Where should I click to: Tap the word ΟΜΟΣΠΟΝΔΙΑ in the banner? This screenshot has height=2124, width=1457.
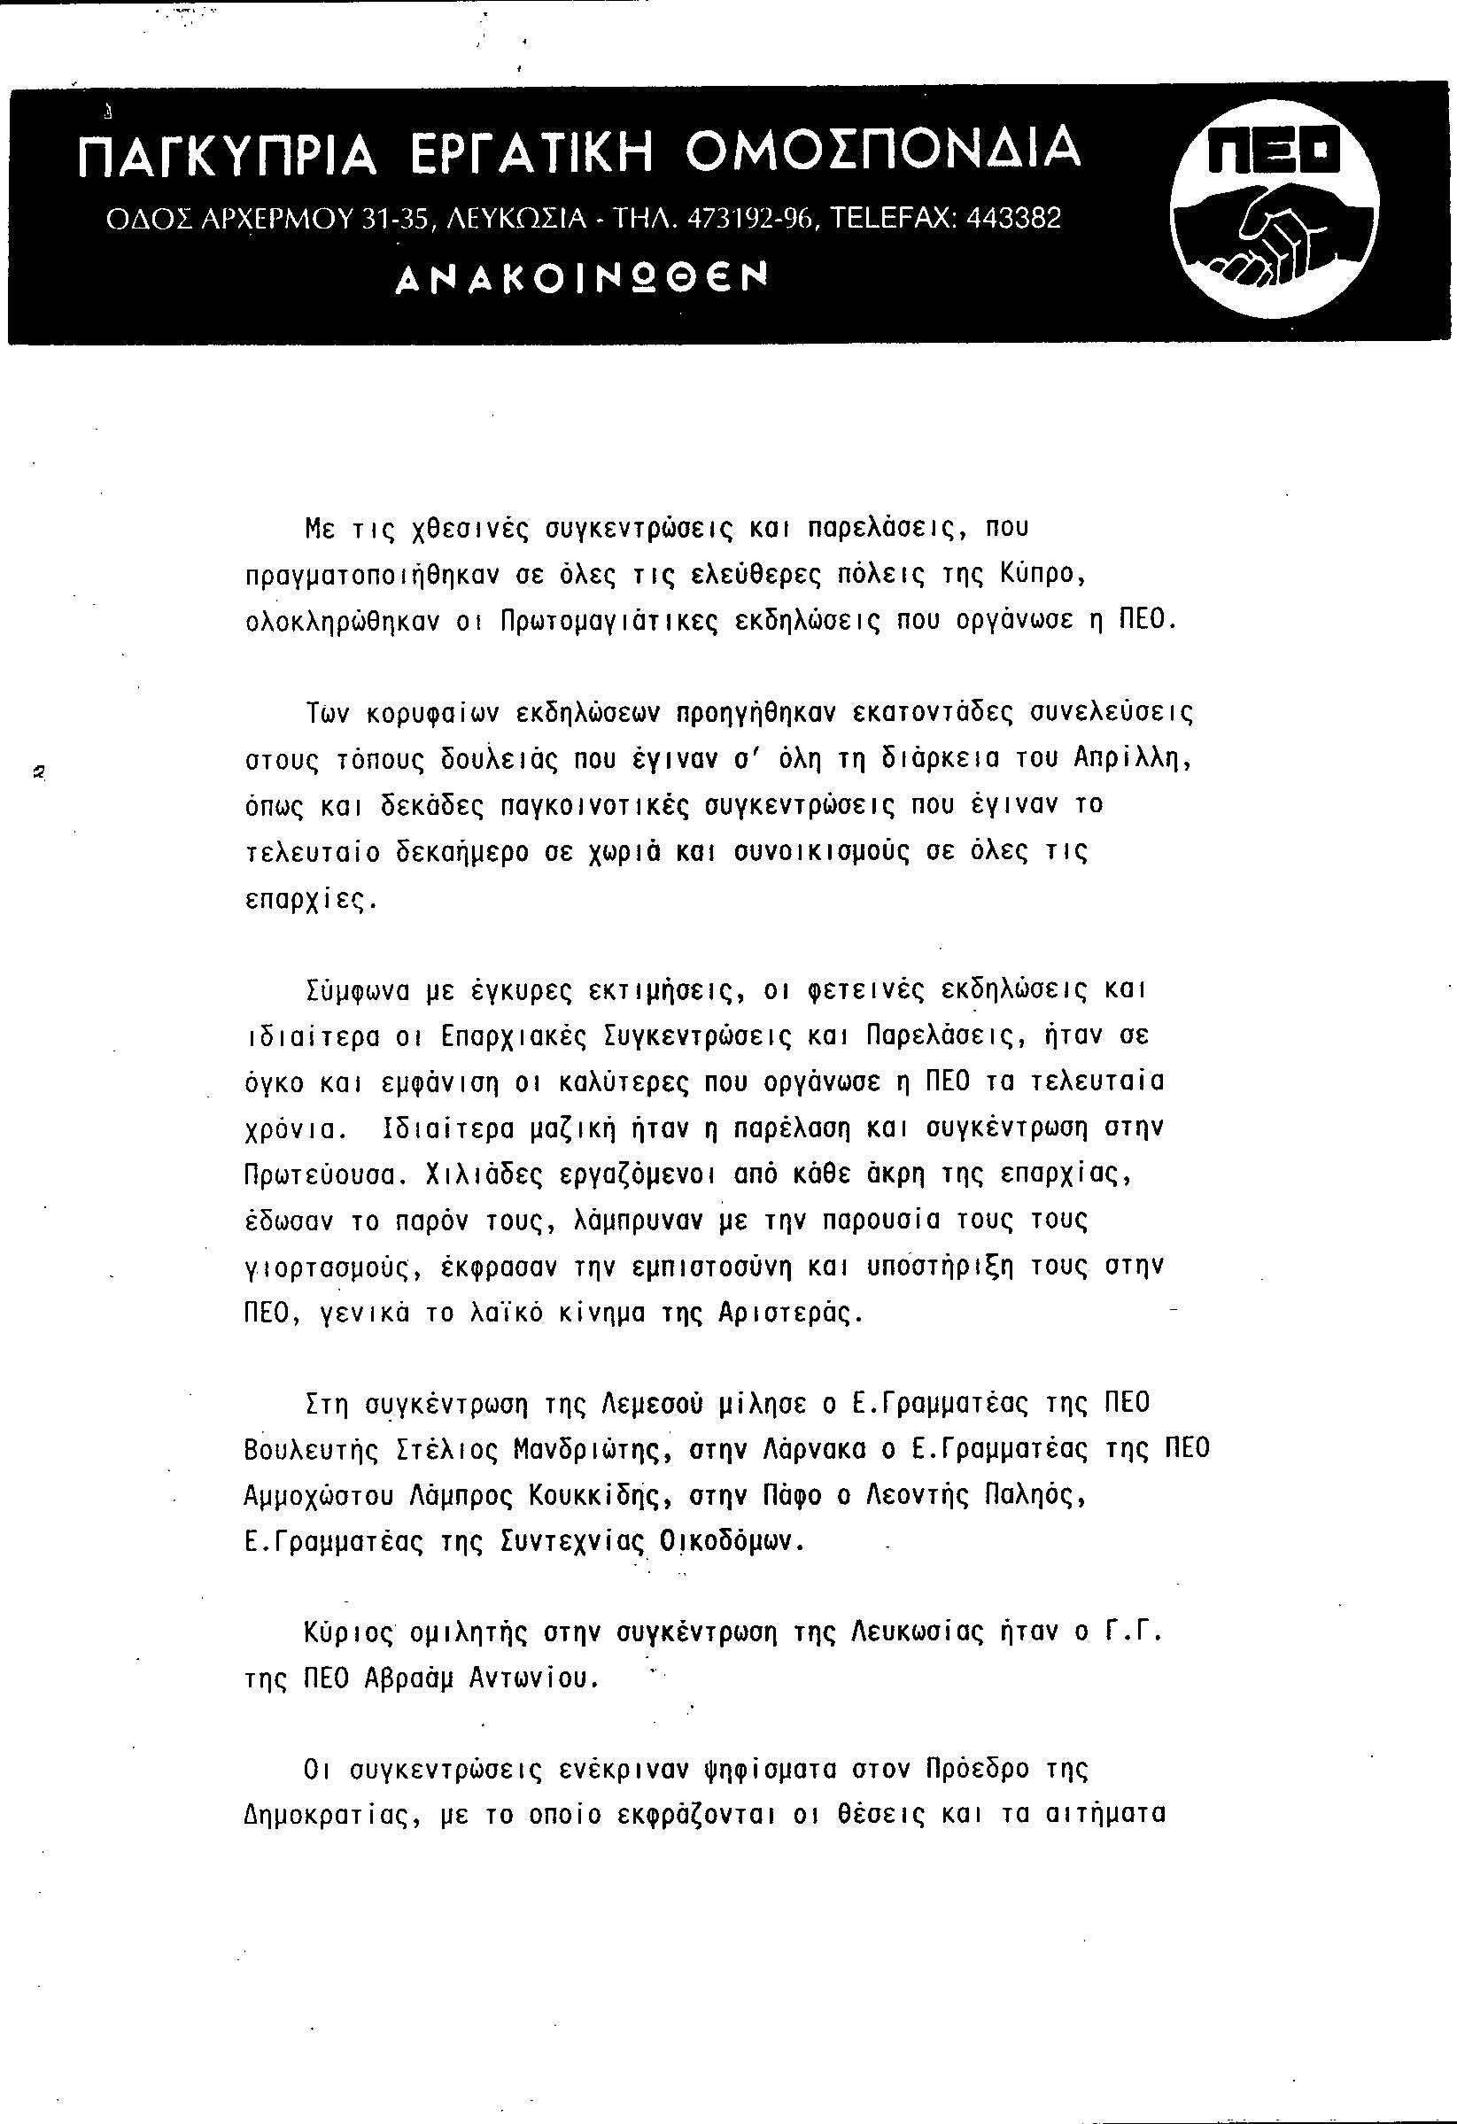click(883, 149)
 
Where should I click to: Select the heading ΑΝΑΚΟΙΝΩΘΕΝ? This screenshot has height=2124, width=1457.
click(580, 277)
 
